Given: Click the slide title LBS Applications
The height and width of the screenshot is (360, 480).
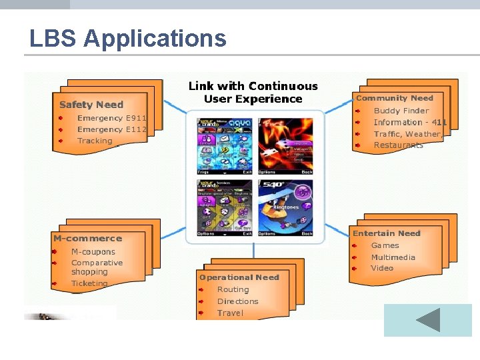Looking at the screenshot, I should coord(127,39).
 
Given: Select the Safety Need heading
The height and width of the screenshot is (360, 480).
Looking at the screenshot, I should coord(91,105).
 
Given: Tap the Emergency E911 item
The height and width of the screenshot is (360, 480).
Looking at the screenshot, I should coord(111,118).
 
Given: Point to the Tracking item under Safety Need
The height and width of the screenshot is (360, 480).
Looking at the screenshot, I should coord(95,141).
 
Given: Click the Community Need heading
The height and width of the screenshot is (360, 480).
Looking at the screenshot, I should coord(395,98).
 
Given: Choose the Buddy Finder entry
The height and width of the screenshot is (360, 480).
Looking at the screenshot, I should coord(401,111).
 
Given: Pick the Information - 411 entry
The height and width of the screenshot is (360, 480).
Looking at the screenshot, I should coord(410,123).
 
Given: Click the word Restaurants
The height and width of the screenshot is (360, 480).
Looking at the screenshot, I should coord(398,145).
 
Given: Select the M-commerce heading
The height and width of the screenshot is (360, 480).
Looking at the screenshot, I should coord(87,238).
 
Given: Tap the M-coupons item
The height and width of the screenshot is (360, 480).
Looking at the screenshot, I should coord(93,252).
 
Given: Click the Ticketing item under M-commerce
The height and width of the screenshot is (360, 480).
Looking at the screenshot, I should coord(89,283).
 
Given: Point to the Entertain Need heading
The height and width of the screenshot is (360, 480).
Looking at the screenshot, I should coord(387,233).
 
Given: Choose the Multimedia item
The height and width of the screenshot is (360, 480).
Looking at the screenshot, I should coord(393,257).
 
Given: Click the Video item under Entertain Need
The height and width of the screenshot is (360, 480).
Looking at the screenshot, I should coord(382,268).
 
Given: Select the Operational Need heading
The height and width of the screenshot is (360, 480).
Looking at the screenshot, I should coord(239,277).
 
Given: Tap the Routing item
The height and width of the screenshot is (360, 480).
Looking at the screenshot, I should coord(233,289).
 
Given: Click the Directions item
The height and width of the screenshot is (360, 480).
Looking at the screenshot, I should coord(237,301).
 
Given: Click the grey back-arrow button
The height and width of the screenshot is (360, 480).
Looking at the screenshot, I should coord(427,320).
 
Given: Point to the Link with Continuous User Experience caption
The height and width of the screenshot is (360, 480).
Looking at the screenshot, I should coord(253,93).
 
